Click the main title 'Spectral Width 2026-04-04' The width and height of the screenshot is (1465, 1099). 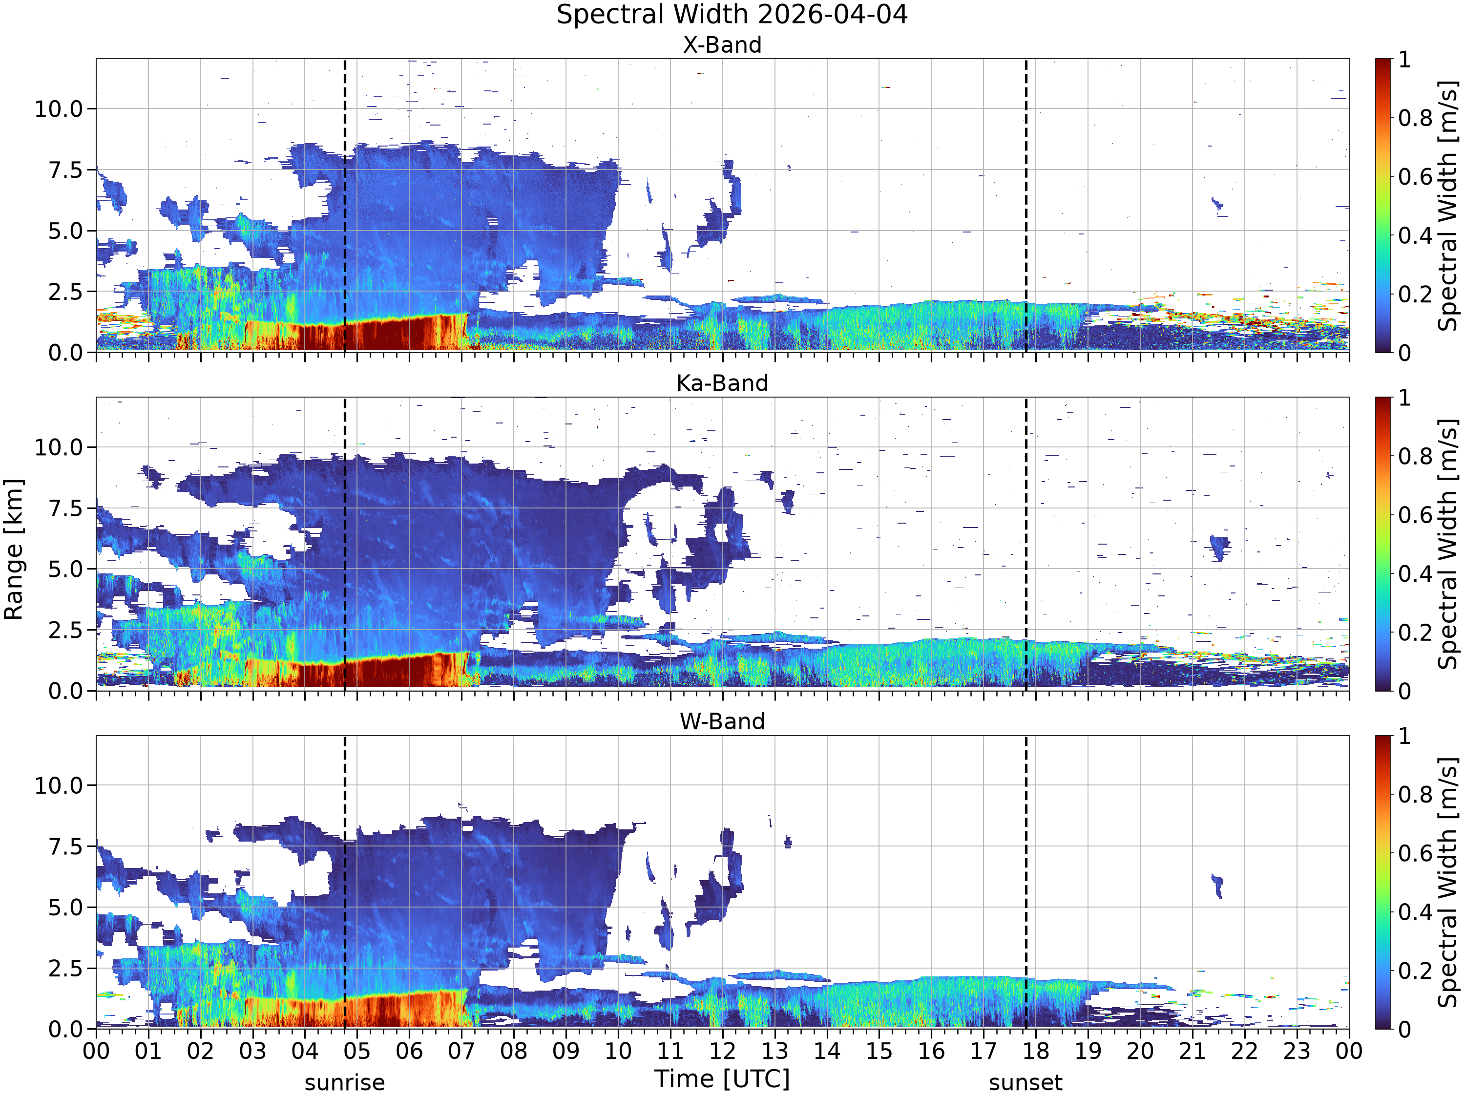point(732,15)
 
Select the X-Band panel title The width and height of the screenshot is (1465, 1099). point(723,45)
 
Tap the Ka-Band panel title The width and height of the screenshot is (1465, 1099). point(723,383)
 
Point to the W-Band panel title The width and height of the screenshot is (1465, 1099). point(723,721)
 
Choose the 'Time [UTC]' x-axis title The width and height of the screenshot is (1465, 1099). point(723,1078)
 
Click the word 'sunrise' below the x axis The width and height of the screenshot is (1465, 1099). point(345,1083)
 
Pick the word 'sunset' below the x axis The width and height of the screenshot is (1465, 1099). point(1026,1083)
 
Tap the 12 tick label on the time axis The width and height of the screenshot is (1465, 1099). point(723,1051)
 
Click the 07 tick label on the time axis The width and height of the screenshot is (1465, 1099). point(461,1051)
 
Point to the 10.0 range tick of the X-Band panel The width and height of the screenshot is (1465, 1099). point(59,108)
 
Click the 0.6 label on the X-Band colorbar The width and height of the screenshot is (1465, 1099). point(1416,177)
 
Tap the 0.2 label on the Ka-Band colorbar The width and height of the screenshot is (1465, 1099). point(1416,633)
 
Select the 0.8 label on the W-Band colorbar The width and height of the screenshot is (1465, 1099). point(1416,794)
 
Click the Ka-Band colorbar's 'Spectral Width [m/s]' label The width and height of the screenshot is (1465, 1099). point(1448,544)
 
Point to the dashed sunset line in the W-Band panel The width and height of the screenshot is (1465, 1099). point(1026,882)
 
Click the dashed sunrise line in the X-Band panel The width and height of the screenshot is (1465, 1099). point(345,205)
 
